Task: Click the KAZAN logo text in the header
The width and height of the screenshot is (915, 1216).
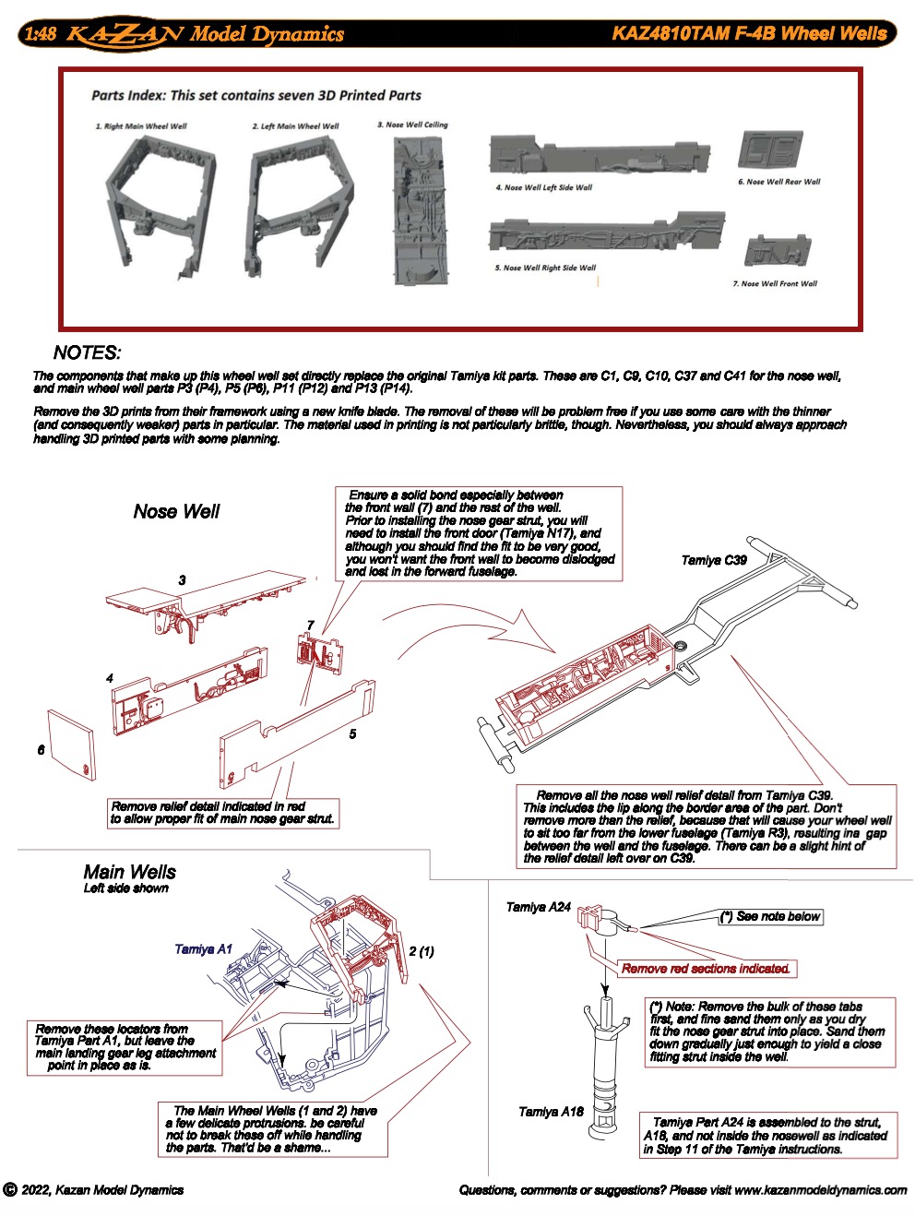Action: [x=125, y=35]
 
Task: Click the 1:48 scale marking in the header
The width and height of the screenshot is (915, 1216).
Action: [x=40, y=35]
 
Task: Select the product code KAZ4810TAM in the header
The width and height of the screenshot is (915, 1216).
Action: [x=670, y=34]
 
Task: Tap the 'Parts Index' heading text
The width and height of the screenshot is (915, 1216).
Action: [x=255, y=95]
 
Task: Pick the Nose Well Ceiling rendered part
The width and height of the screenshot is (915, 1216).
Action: [x=420, y=212]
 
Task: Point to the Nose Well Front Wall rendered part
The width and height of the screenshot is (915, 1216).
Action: [x=778, y=251]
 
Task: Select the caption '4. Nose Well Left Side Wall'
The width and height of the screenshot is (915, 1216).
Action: [x=544, y=187]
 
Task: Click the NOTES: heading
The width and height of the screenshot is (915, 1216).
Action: [x=87, y=352]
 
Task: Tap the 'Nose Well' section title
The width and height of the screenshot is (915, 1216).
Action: [x=176, y=512]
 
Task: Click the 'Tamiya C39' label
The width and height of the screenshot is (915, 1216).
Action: [x=714, y=560]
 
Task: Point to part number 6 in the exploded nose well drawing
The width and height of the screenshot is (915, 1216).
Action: [x=41, y=750]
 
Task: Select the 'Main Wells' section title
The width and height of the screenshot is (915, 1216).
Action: [x=129, y=872]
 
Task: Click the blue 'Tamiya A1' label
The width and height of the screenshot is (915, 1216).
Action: [x=203, y=948]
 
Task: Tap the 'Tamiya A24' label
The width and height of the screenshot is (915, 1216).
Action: [x=539, y=907]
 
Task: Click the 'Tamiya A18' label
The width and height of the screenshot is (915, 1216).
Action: [x=551, y=1112]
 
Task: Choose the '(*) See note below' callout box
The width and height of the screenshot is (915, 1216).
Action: [x=770, y=916]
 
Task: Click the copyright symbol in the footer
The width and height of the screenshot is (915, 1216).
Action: [x=10, y=1190]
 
